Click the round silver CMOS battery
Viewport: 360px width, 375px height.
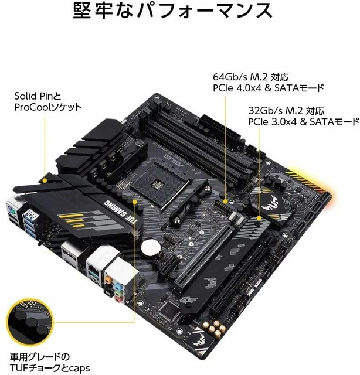[154, 245]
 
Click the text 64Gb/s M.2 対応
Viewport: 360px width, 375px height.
[251, 77]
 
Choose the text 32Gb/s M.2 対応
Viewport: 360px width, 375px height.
[285, 111]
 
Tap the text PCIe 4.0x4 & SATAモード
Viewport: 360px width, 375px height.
[268, 88]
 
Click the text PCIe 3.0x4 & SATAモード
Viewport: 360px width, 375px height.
[303, 122]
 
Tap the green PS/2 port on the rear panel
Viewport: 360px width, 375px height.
[11, 207]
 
